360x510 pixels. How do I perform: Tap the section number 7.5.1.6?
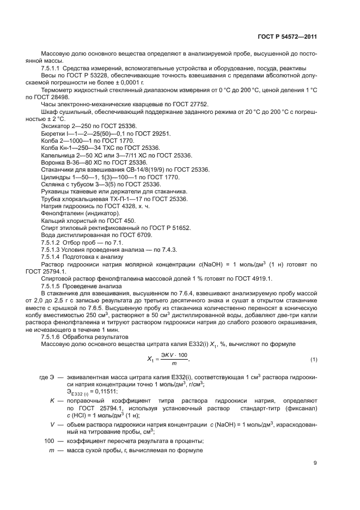click(x=50, y=338)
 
